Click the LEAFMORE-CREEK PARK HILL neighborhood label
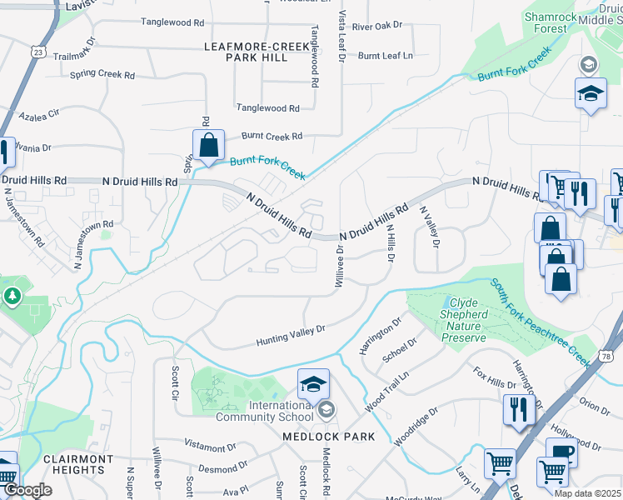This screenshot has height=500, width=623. tap(246, 52)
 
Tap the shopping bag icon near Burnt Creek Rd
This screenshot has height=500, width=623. tap(208, 145)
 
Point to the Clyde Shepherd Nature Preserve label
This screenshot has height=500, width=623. tap(467, 320)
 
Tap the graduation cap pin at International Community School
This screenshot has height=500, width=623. tap(313, 384)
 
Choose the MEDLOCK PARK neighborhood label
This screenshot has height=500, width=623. tap(328, 437)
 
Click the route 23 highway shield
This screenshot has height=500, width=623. tap(39, 52)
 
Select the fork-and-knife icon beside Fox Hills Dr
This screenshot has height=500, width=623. tap(519, 409)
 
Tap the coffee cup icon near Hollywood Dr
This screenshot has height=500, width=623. tap(561, 452)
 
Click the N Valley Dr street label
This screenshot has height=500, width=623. tap(429, 227)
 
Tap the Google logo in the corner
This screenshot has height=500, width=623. tap(28, 490)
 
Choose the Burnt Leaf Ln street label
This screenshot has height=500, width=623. tap(386, 56)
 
